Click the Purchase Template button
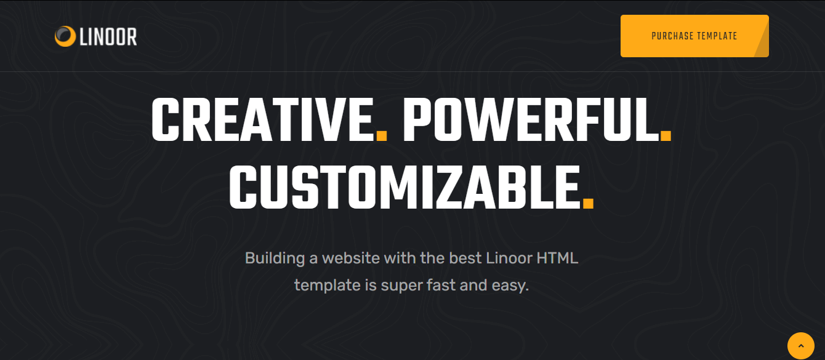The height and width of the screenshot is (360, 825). pyautogui.click(x=694, y=36)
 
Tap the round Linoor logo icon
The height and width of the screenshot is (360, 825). pyautogui.click(x=65, y=36)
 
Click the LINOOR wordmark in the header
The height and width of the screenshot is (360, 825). pyautogui.click(x=108, y=37)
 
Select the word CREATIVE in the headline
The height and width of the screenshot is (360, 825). pyautogui.click(x=263, y=119)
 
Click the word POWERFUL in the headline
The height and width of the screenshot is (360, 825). pyautogui.click(x=531, y=119)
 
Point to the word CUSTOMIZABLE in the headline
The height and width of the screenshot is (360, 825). pyautogui.click(x=404, y=187)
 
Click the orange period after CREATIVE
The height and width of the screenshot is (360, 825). pyautogui.click(x=382, y=135)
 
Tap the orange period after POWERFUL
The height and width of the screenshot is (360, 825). pyautogui.click(x=666, y=135)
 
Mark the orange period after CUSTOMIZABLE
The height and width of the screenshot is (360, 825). pyautogui.click(x=588, y=204)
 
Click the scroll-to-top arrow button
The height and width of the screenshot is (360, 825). pyautogui.click(x=801, y=346)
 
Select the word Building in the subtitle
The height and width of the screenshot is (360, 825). pyautogui.click(x=275, y=258)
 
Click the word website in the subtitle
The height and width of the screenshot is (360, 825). pyautogui.click(x=351, y=258)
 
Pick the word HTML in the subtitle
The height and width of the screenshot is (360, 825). pyautogui.click(x=557, y=258)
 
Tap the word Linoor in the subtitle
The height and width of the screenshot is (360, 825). pyautogui.click(x=509, y=258)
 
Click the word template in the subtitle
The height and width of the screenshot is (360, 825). pyautogui.click(x=328, y=286)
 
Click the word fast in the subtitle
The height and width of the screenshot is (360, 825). pyautogui.click(x=441, y=286)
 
